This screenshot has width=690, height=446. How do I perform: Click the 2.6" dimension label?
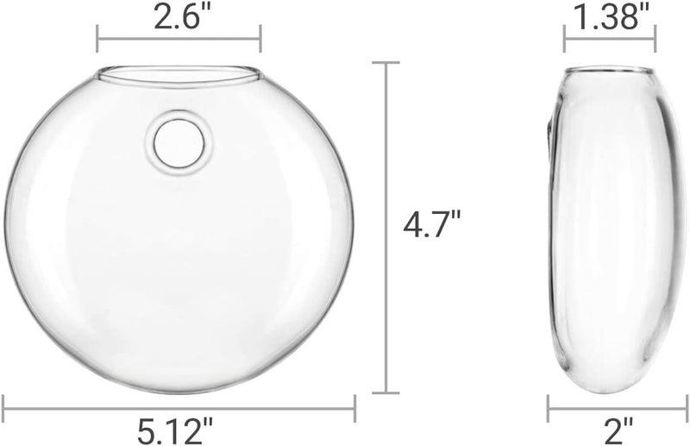click(178, 16)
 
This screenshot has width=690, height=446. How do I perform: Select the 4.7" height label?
click(432, 224)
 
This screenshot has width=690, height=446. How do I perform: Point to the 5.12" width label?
click(175, 431)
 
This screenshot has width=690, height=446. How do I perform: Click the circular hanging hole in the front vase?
click(179, 143)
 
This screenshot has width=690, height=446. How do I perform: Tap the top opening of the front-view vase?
click(178, 75)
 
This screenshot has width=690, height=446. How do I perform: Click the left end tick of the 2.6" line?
click(97, 39)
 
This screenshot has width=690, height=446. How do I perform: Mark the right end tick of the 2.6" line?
click(261, 39)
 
